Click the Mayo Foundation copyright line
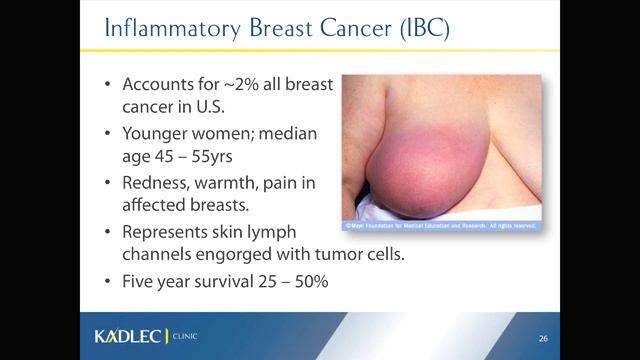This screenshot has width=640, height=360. tap(440, 227)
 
